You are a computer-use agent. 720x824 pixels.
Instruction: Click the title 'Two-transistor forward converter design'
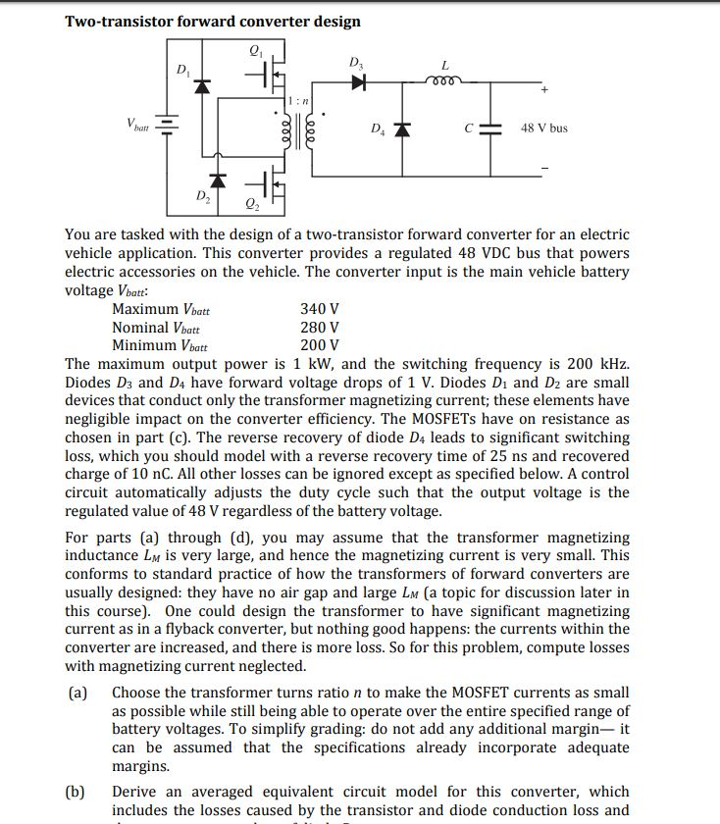tap(212, 21)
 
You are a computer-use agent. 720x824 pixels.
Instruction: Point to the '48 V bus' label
tap(543, 129)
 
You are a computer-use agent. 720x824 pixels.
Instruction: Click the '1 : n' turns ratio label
tap(301, 100)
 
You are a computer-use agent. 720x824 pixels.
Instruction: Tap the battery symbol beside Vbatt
tap(168, 125)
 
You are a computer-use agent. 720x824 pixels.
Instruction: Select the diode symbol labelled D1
tap(203, 86)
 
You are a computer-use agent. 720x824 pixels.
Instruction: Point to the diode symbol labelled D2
tap(221, 181)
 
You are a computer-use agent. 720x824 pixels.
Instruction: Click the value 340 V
tap(320, 309)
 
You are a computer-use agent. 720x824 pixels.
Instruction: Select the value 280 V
tap(320, 328)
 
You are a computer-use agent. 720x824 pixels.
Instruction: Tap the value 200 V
tap(320, 345)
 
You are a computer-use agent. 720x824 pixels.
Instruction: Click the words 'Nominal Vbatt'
tap(156, 328)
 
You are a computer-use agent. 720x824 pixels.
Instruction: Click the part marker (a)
tap(77, 693)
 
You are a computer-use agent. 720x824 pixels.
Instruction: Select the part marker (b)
tap(77, 792)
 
